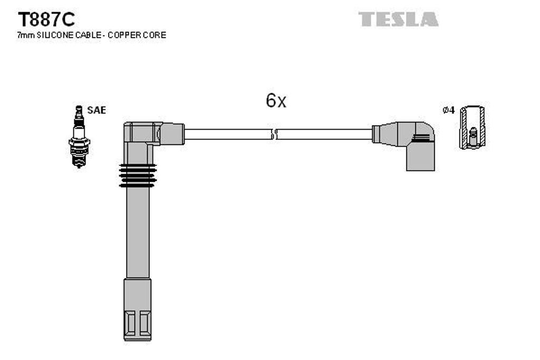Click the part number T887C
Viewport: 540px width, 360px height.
[x=46, y=20]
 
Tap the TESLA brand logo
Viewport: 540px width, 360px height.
[x=399, y=20]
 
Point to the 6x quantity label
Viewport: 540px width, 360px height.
[x=276, y=101]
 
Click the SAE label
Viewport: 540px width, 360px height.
[x=97, y=110]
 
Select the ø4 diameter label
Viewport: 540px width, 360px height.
[x=448, y=110]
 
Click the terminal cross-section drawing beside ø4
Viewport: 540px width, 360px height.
[x=472, y=128]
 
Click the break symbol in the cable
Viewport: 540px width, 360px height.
[x=274, y=134]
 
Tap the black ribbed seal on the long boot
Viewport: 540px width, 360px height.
[x=138, y=175]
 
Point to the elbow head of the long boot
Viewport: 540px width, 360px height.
[x=148, y=133]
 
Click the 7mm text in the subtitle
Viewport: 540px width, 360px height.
[x=26, y=35]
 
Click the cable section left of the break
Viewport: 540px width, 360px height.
[x=227, y=134]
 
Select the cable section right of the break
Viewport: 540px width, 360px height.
[x=324, y=134]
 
